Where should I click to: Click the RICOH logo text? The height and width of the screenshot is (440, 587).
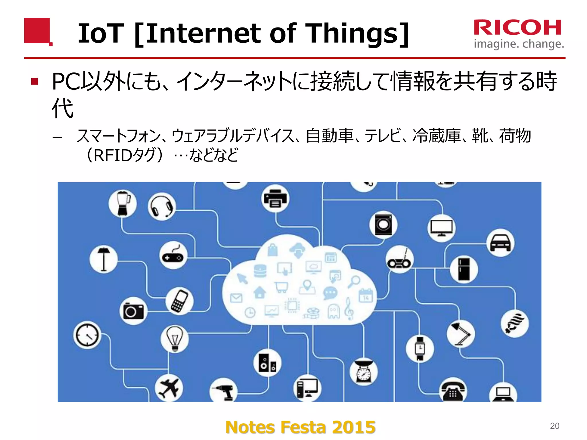click(518, 28)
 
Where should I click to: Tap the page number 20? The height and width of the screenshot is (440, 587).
click(555, 426)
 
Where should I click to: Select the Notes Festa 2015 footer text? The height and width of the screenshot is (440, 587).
click(300, 427)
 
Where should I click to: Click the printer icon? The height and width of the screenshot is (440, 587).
click(275, 199)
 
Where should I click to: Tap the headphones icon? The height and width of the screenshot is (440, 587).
click(162, 206)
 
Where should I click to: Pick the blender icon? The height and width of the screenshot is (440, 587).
click(123, 203)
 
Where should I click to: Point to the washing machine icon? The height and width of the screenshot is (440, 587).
click(383, 225)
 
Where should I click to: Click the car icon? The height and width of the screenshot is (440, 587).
click(500, 243)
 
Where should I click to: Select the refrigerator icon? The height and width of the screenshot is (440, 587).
click(464, 269)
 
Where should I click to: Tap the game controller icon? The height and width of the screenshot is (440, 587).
click(173, 256)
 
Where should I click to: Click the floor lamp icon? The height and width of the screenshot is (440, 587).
click(103, 259)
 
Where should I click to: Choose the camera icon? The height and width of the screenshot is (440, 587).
click(133, 311)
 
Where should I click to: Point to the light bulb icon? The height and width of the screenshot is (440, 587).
click(175, 339)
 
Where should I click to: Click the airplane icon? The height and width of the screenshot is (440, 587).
click(169, 388)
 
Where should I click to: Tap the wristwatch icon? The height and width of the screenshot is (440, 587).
click(420, 348)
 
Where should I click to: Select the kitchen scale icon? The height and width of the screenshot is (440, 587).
click(364, 372)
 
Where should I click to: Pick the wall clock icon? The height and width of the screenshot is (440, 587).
click(87, 335)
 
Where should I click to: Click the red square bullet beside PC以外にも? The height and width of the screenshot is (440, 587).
click(35, 82)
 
